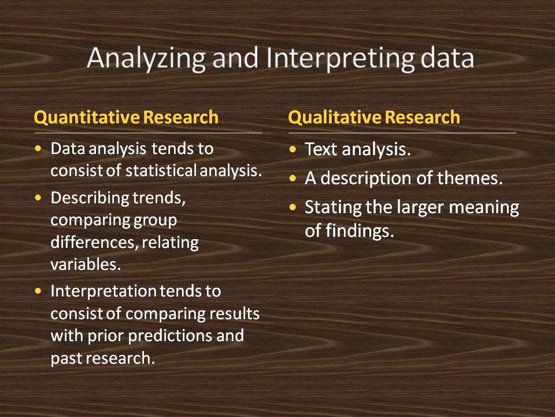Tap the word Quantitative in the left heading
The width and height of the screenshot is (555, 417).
pos(87,118)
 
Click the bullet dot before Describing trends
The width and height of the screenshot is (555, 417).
pos(39,198)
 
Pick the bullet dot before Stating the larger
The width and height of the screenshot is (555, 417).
pos(294,207)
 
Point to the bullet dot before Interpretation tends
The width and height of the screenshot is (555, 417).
pos(39,291)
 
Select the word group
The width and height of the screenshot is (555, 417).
pos(156,220)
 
